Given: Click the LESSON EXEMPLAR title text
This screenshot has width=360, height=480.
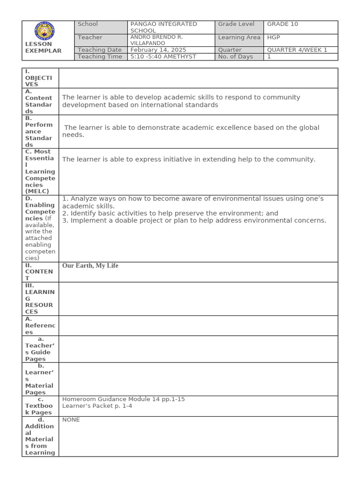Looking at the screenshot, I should point(43,47).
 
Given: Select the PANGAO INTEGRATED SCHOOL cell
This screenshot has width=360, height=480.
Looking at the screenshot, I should point(164,27).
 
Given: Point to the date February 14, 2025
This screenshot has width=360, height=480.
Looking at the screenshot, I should point(158,50).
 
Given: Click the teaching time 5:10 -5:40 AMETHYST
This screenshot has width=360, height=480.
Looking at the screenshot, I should point(163,57).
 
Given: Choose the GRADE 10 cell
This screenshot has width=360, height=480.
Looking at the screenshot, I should point(283,24).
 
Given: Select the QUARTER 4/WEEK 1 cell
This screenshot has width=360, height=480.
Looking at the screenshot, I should point(297,50).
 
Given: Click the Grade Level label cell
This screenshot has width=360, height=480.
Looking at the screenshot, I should point(236,24).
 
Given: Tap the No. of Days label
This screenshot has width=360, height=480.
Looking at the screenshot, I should point(235,57).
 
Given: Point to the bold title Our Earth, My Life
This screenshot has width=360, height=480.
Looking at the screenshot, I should point(90,266).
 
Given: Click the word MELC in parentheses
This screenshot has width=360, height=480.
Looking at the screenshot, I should point(38,191).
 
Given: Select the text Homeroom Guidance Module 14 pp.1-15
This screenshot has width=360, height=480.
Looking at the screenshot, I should point(123,399).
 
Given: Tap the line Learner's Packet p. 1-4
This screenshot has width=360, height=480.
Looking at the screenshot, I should point(97,406).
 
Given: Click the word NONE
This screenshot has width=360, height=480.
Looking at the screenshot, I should point(71,420).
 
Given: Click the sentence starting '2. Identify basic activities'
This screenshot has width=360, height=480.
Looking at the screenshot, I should point(170,213).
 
